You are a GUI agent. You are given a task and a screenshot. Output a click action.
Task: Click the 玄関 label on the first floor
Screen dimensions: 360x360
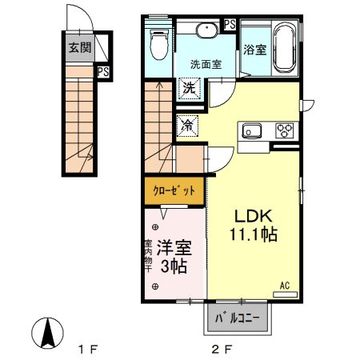pyautogui.click(x=78, y=47)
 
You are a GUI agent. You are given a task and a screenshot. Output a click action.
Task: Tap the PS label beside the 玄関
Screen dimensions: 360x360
pyautogui.click(x=103, y=72)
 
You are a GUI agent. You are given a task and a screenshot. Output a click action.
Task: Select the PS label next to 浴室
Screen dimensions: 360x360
pyautogui.click(x=230, y=23)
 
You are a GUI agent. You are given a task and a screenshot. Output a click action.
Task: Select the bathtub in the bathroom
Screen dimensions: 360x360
pyautogui.click(x=285, y=50)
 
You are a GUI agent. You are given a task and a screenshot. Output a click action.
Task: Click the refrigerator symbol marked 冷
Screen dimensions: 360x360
pyautogui.click(x=187, y=125)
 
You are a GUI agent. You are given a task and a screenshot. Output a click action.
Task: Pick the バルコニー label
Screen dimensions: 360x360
pyautogui.click(x=238, y=318)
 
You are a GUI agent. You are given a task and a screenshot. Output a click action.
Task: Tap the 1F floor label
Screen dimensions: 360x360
pyautogui.click(x=87, y=349)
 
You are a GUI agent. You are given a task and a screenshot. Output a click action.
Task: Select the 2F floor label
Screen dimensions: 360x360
pyautogui.click(x=222, y=349)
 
